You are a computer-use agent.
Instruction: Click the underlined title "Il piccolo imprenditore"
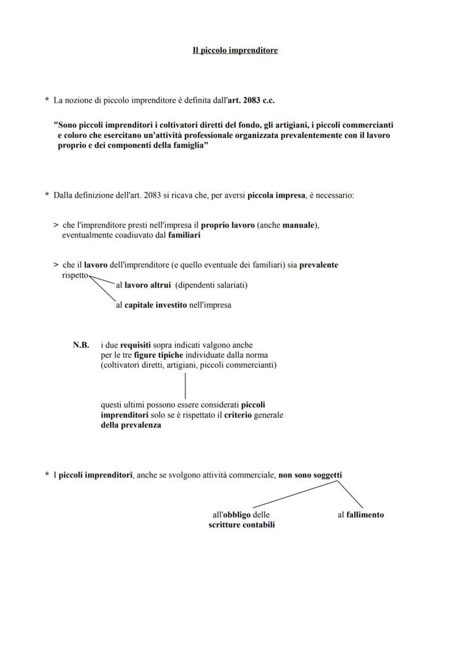[235, 51]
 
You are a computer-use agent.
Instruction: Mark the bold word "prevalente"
[318, 265]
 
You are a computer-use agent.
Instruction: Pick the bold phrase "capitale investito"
[156, 305]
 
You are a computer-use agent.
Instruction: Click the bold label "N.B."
[81, 345]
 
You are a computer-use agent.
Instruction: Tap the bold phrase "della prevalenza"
[131, 425]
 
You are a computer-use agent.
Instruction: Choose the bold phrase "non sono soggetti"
[310, 475]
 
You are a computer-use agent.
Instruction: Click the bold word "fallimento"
[365, 515]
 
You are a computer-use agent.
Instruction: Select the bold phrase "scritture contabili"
[242, 525]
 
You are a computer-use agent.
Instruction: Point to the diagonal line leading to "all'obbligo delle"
[295, 494]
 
